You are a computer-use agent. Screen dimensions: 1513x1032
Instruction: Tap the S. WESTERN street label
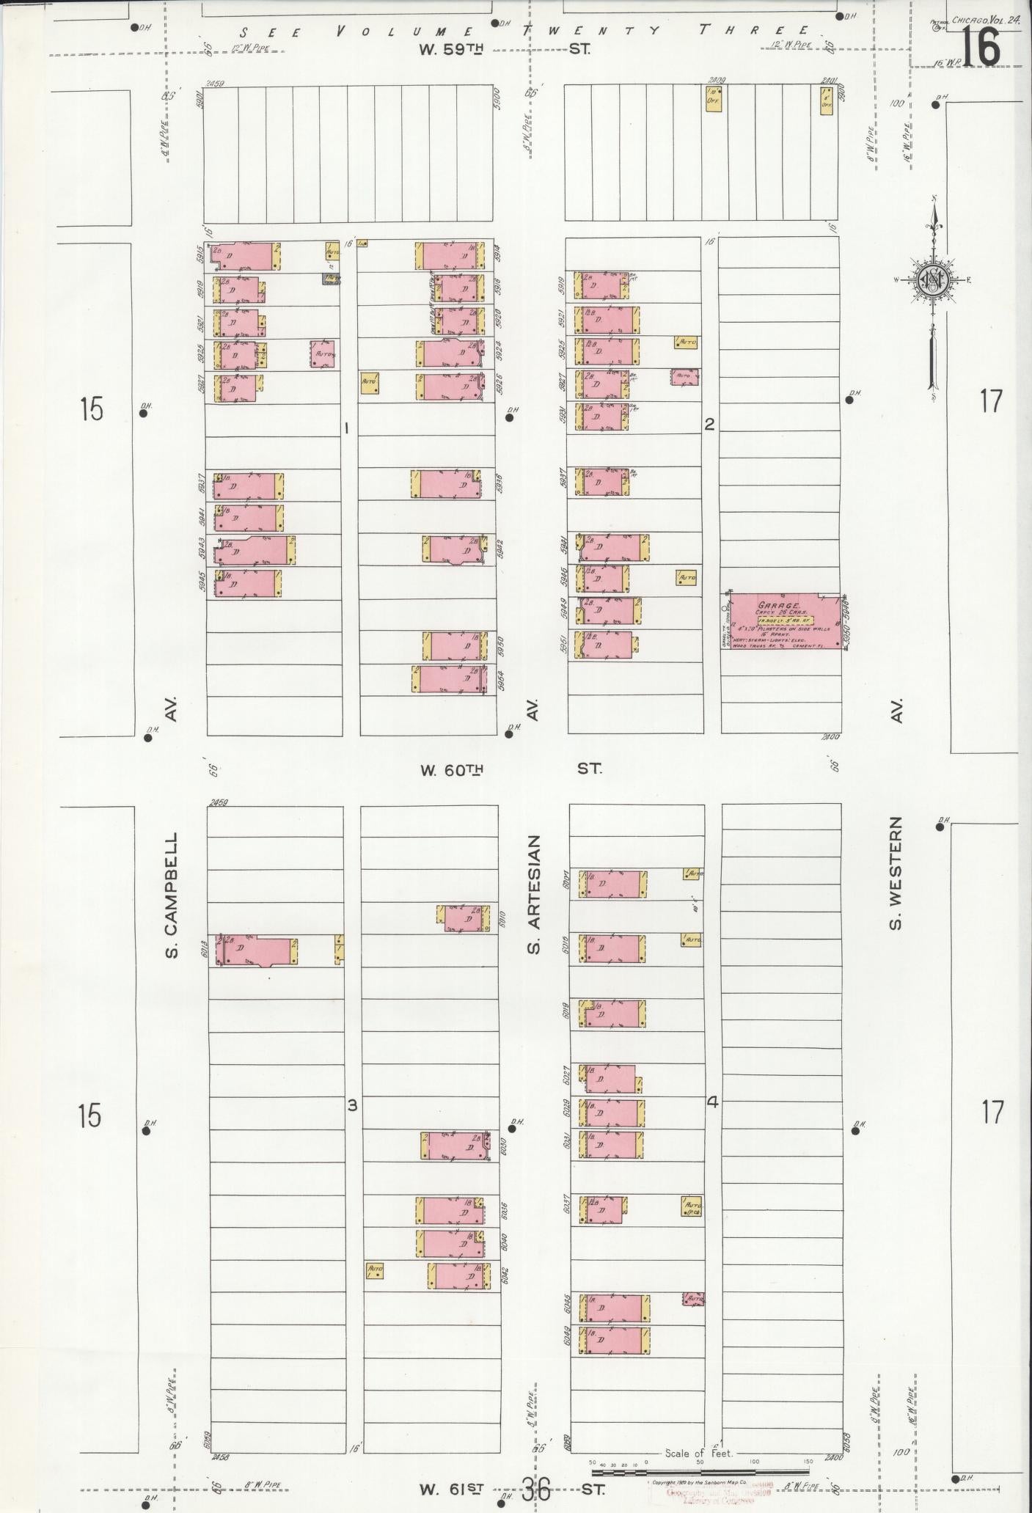895,873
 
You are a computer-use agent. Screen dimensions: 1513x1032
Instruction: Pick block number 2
709,423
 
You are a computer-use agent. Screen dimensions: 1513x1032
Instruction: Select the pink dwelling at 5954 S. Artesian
448,678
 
